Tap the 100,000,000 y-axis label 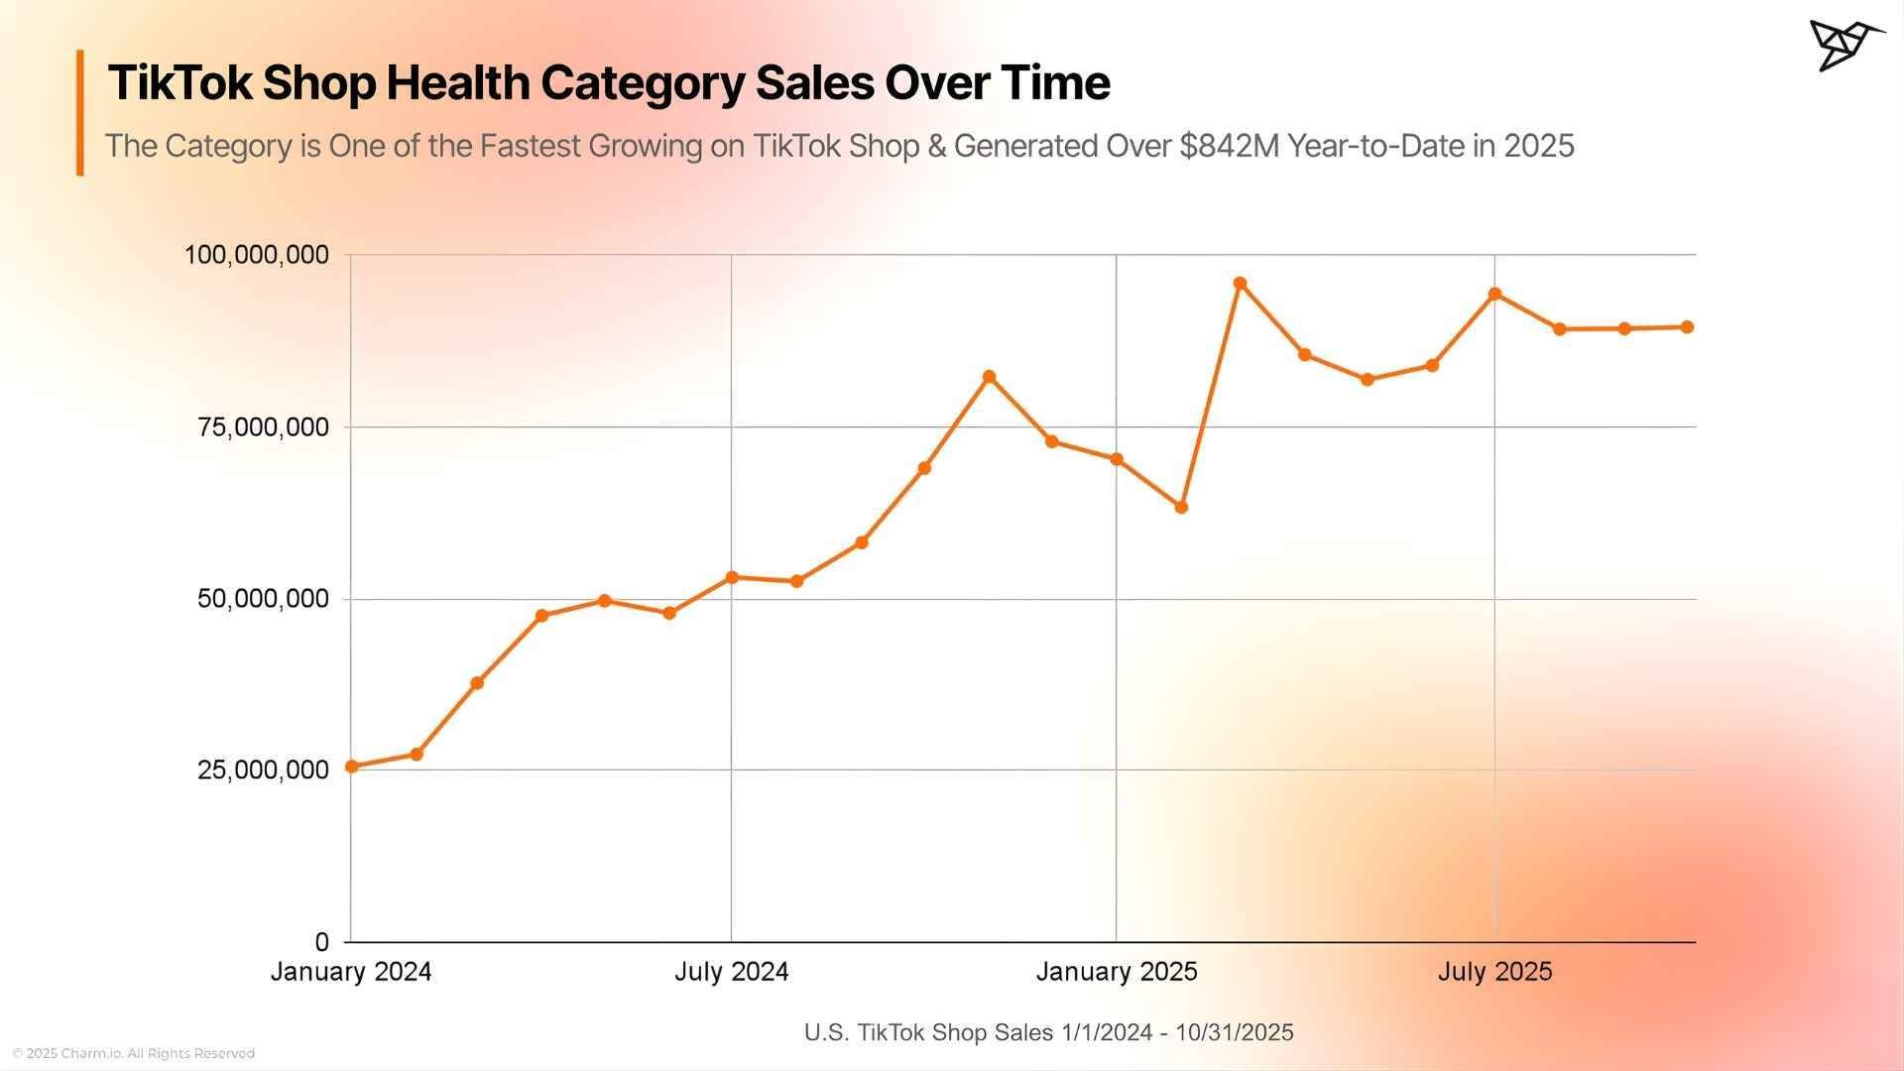click(x=256, y=255)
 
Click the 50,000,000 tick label click(x=263, y=599)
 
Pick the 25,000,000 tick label click(x=263, y=770)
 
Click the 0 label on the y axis click(x=321, y=942)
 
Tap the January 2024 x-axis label click(x=350, y=972)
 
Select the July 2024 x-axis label click(x=731, y=972)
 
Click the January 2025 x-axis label click(x=1117, y=972)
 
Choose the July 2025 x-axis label click(x=1494, y=972)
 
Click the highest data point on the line click(x=1240, y=284)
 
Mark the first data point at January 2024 click(x=351, y=767)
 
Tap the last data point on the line click(x=1687, y=327)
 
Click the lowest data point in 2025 click(x=1181, y=507)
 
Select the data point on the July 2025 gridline click(x=1494, y=295)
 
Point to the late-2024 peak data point click(x=989, y=377)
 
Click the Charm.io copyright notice click(x=133, y=1053)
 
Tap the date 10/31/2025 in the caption click(x=1234, y=1032)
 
